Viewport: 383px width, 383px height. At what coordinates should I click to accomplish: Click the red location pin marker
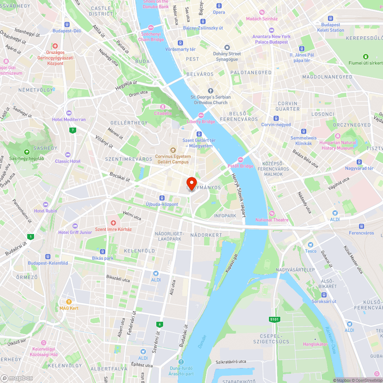point(191,183)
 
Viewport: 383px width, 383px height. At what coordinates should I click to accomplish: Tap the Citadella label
point(163,113)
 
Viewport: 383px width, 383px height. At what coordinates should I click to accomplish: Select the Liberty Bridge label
point(201,121)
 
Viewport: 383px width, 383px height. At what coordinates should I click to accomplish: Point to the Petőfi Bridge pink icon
point(241,160)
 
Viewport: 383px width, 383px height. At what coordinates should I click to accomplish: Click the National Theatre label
point(272,220)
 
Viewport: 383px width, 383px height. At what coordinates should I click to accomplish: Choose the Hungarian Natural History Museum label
point(337,145)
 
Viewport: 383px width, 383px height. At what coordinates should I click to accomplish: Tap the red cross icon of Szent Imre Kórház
point(113,223)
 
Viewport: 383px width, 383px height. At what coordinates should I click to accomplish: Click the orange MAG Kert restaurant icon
point(69,302)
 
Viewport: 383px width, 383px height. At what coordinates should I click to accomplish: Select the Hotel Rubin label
point(45,211)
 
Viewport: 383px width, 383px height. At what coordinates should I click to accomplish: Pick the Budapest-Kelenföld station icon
point(48,257)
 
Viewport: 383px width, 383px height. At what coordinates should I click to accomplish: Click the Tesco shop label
point(311,251)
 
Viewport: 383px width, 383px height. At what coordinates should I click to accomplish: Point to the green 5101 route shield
point(275,319)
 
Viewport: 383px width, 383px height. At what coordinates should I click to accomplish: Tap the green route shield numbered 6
point(159,324)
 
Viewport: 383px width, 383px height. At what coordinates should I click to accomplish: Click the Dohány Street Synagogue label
point(227,56)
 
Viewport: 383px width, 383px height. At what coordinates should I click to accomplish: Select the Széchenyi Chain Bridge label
point(151,36)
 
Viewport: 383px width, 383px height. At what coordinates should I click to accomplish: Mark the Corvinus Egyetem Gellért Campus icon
point(173,150)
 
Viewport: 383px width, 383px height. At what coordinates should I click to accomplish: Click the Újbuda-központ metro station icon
point(162,198)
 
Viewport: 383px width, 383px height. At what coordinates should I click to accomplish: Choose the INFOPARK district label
point(225,216)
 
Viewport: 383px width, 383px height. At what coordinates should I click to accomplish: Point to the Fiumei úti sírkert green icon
point(365,56)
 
